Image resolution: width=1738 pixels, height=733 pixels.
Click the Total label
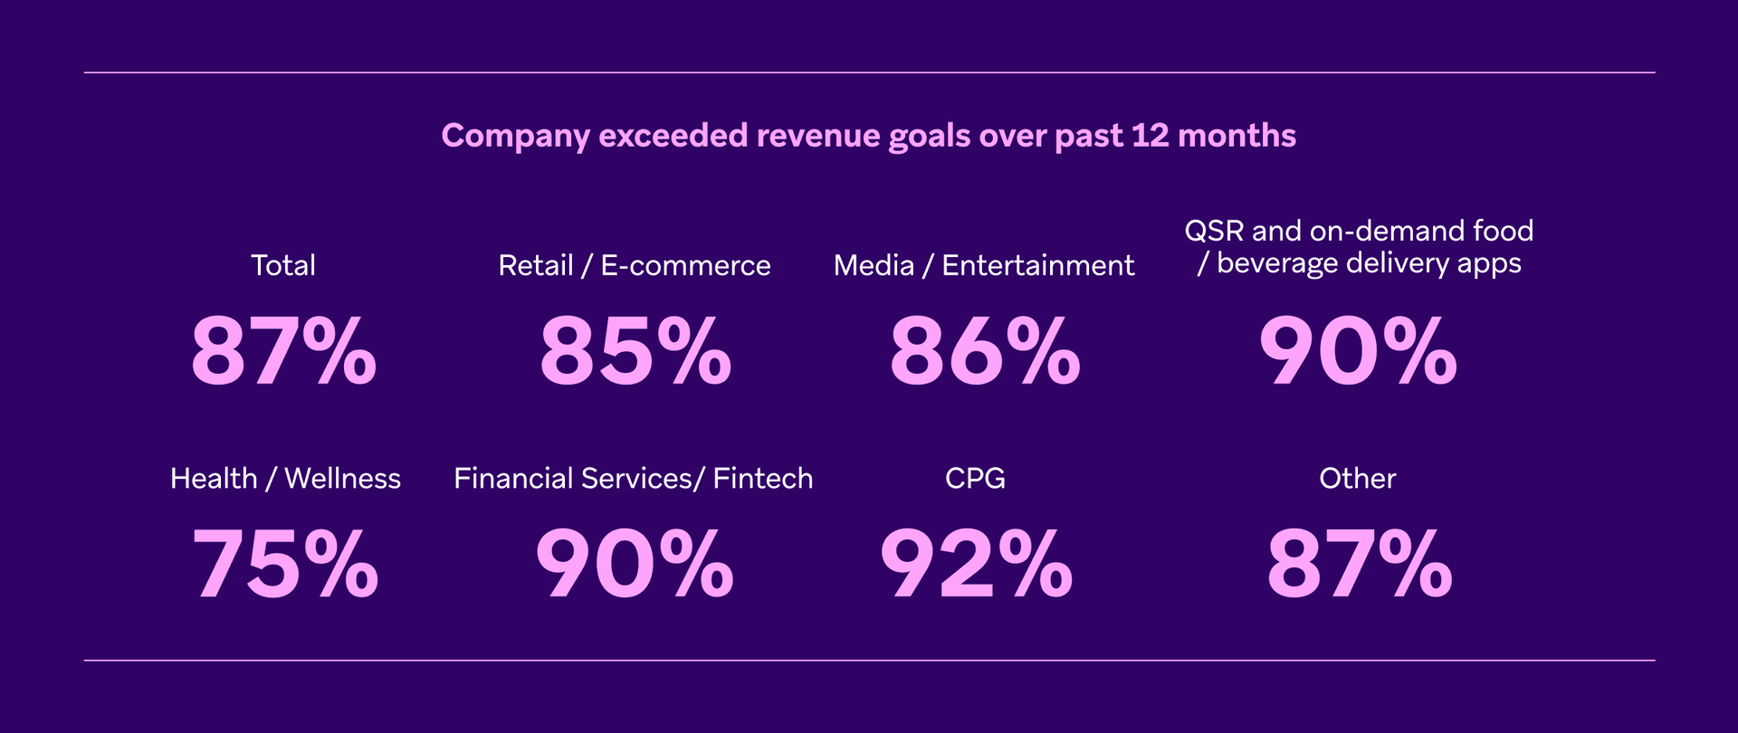point(283,265)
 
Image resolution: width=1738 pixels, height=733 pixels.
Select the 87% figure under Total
point(283,351)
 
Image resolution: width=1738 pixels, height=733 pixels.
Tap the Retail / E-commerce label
point(634,265)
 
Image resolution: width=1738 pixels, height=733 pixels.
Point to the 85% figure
point(635,351)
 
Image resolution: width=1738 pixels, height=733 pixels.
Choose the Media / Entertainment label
point(983,265)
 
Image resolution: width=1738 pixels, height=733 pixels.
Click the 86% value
point(985,351)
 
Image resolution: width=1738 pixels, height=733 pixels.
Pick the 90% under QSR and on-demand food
point(1358,351)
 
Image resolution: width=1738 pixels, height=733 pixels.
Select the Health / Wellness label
point(285,478)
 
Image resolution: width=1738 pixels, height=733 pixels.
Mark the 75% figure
point(285,565)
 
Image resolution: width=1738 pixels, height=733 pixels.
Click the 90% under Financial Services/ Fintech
point(635,565)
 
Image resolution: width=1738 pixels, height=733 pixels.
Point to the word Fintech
point(762,478)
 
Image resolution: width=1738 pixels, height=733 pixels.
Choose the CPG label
point(975,478)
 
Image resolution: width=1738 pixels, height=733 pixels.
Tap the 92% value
point(976,565)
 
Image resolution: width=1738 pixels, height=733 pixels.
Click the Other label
point(1357,478)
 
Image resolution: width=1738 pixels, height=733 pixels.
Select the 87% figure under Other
point(1359,565)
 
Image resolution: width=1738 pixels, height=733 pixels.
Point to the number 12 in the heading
point(1150,136)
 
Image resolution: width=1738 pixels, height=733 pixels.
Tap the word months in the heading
point(1237,136)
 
